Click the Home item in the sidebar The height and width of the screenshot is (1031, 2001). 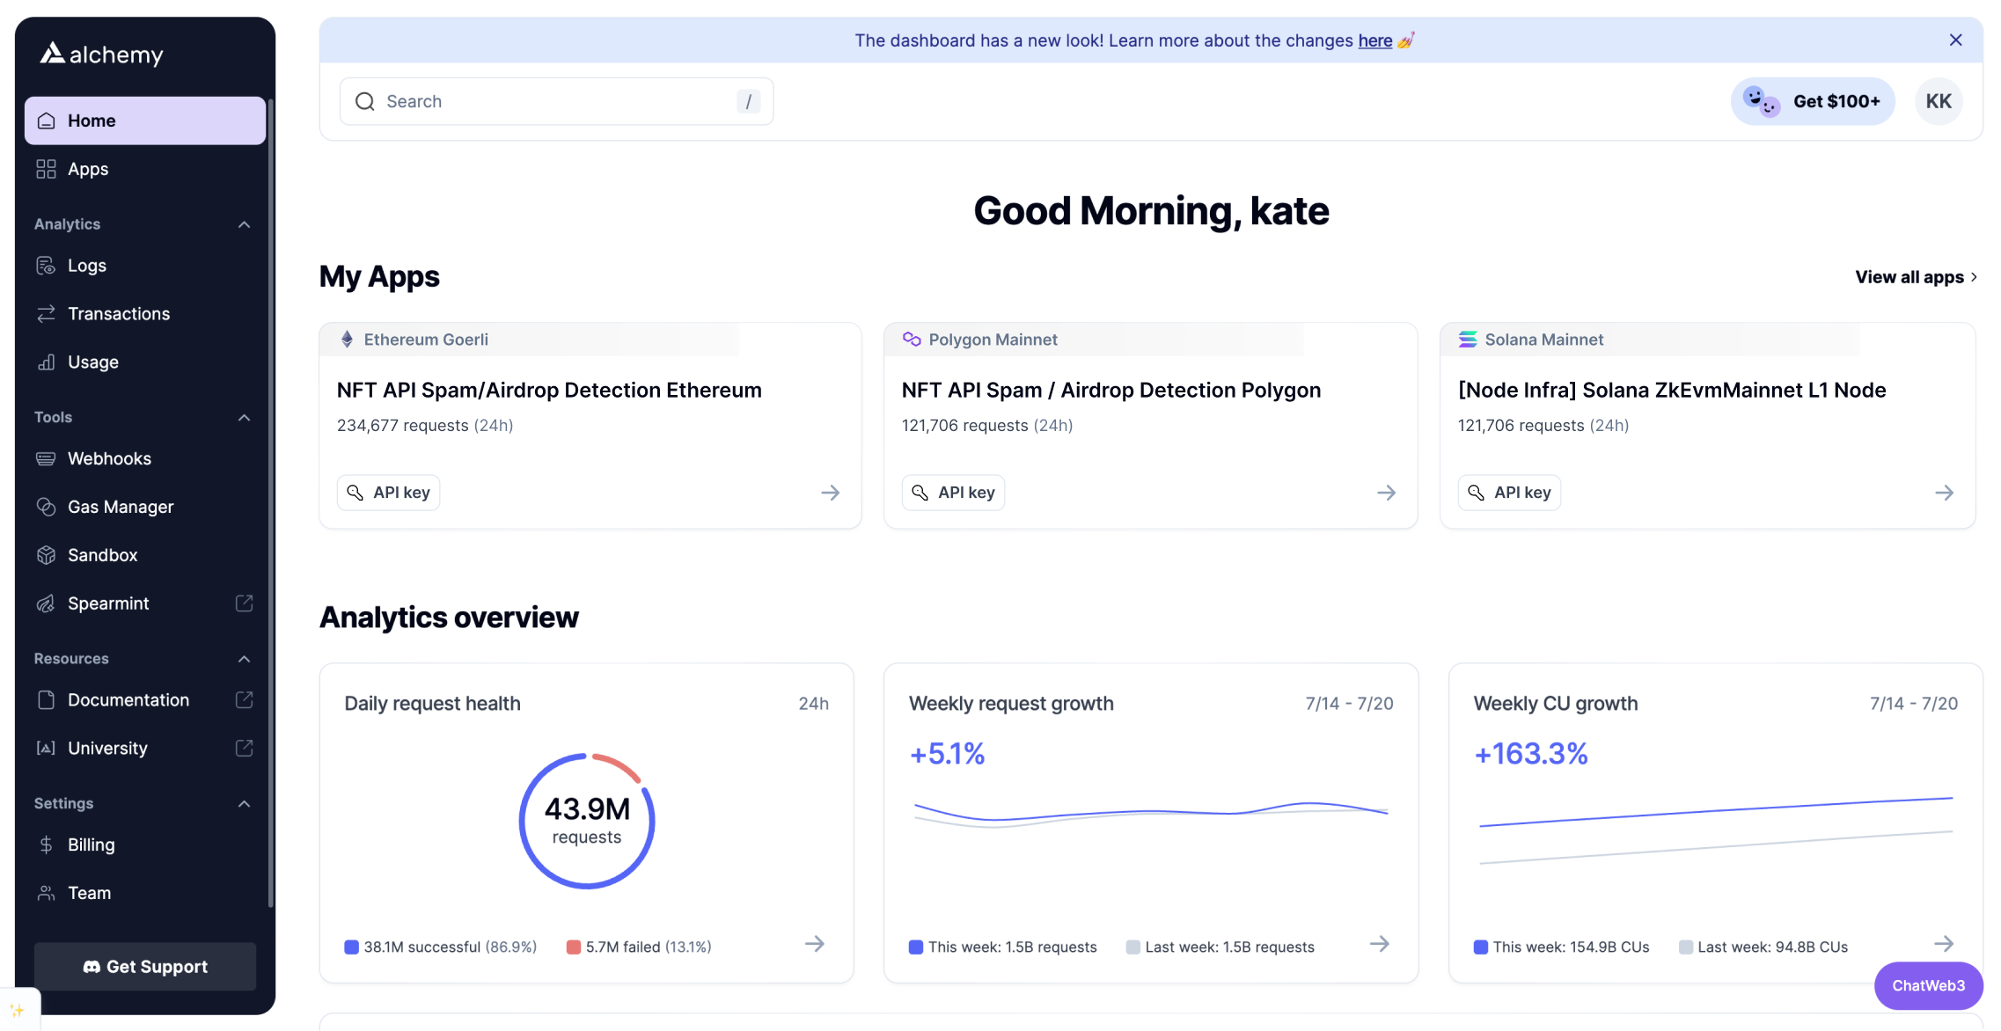(x=144, y=121)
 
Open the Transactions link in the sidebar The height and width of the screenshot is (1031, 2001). (x=118, y=314)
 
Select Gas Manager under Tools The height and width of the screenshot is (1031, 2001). (x=120, y=507)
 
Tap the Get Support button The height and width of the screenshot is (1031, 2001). (x=145, y=967)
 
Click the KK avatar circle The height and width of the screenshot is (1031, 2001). (x=1939, y=101)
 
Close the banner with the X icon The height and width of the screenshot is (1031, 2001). (x=1955, y=40)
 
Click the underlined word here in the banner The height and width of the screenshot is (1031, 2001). (x=1374, y=40)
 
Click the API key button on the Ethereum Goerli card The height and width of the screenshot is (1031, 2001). (x=388, y=493)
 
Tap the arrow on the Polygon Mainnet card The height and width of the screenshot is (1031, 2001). (x=1386, y=493)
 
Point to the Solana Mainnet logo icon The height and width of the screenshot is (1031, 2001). (x=1467, y=340)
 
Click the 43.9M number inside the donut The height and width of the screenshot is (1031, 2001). (x=587, y=808)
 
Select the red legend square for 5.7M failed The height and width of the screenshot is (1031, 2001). (x=574, y=947)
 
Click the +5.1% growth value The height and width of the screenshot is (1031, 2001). (x=947, y=754)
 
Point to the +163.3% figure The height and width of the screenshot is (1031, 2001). (x=1530, y=754)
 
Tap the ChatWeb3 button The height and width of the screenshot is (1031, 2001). (x=1928, y=985)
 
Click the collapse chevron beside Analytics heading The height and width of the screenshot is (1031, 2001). (x=244, y=224)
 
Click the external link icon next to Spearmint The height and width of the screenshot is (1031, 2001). (x=244, y=603)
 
